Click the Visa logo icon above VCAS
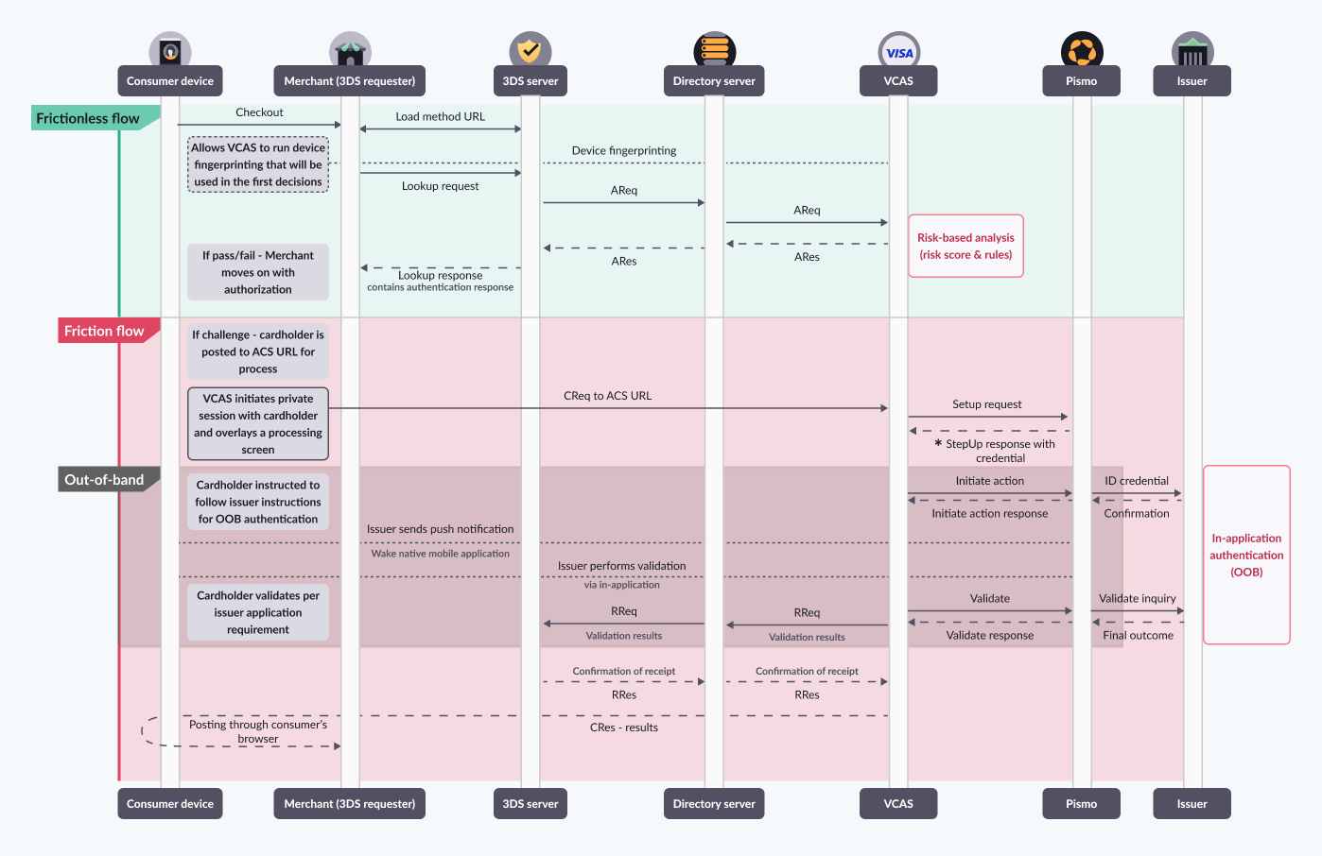point(898,53)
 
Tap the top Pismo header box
point(1081,81)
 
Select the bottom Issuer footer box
point(1192,804)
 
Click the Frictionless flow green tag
point(88,118)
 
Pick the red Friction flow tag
point(104,331)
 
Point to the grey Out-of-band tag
point(104,480)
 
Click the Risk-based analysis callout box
point(965,246)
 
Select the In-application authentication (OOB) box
point(1246,555)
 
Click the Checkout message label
point(259,112)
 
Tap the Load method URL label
point(440,117)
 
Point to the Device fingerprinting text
point(624,151)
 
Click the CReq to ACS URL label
point(607,396)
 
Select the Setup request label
point(986,404)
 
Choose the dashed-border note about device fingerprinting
point(258,164)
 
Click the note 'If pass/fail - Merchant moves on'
point(258,272)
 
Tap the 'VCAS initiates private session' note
point(258,423)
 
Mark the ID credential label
point(1137,481)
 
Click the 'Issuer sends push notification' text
point(440,530)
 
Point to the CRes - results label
point(624,728)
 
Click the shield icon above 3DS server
point(530,51)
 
